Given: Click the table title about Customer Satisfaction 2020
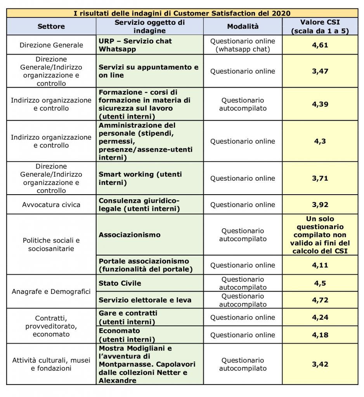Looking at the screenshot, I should point(182,13).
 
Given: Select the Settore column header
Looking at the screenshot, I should point(51,27).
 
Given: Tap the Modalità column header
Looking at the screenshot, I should point(243,27).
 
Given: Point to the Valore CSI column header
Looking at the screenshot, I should point(320,27).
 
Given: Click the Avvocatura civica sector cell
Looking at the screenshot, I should point(51,205).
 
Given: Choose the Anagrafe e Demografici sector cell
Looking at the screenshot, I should point(51,292).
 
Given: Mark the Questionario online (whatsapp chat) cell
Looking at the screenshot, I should point(243,45).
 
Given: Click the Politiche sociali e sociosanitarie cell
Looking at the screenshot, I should point(51,245).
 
